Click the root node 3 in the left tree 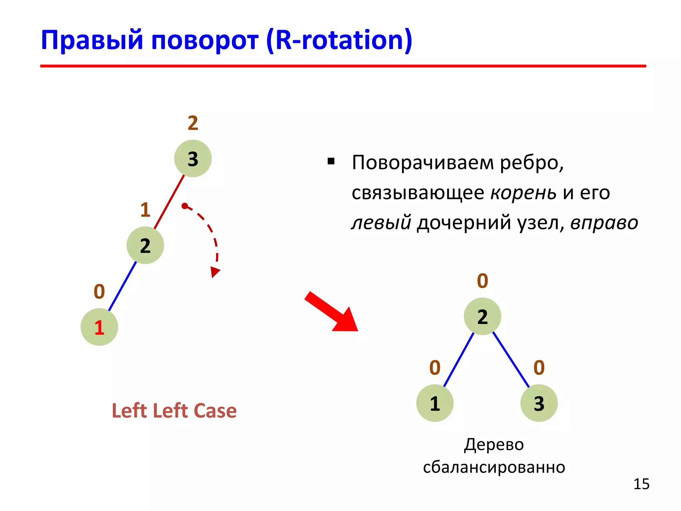tap(193, 158)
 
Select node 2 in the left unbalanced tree tap(145, 246)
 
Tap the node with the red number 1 tap(99, 327)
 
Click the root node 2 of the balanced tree tap(482, 316)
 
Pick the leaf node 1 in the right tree tap(435, 403)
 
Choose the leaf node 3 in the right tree tap(539, 403)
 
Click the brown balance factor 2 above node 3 tap(193, 123)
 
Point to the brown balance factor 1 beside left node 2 tap(145, 210)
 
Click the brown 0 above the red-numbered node tap(99, 291)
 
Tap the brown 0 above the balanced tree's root tap(482, 281)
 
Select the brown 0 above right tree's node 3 tap(539, 368)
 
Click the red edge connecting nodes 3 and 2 tap(169, 202)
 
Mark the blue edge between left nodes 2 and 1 tap(122, 286)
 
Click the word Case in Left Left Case tap(215, 411)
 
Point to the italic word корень tap(523, 193)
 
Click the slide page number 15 tap(641, 484)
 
